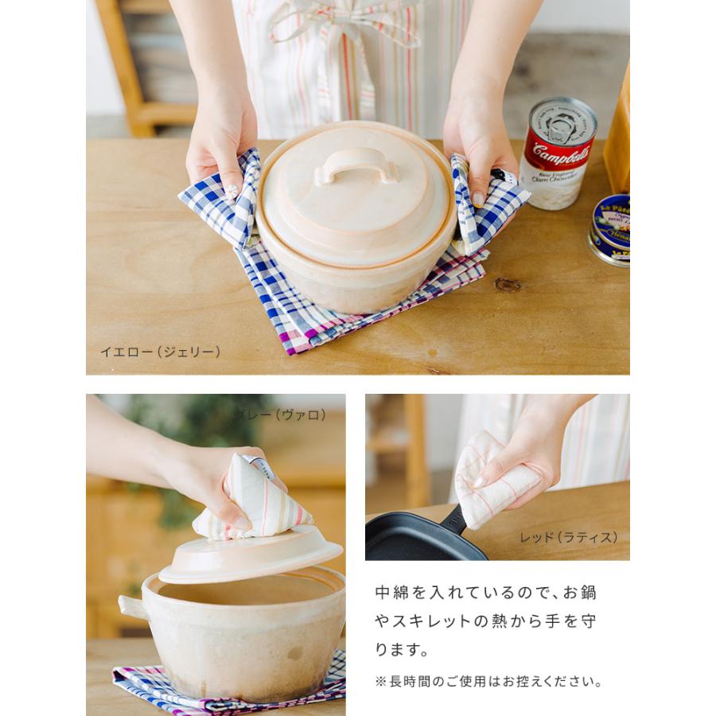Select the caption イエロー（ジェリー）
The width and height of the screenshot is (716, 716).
point(160,351)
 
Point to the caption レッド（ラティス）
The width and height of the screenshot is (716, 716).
point(568,537)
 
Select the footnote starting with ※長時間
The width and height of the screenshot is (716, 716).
point(488,682)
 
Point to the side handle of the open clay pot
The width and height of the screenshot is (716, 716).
point(131,606)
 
